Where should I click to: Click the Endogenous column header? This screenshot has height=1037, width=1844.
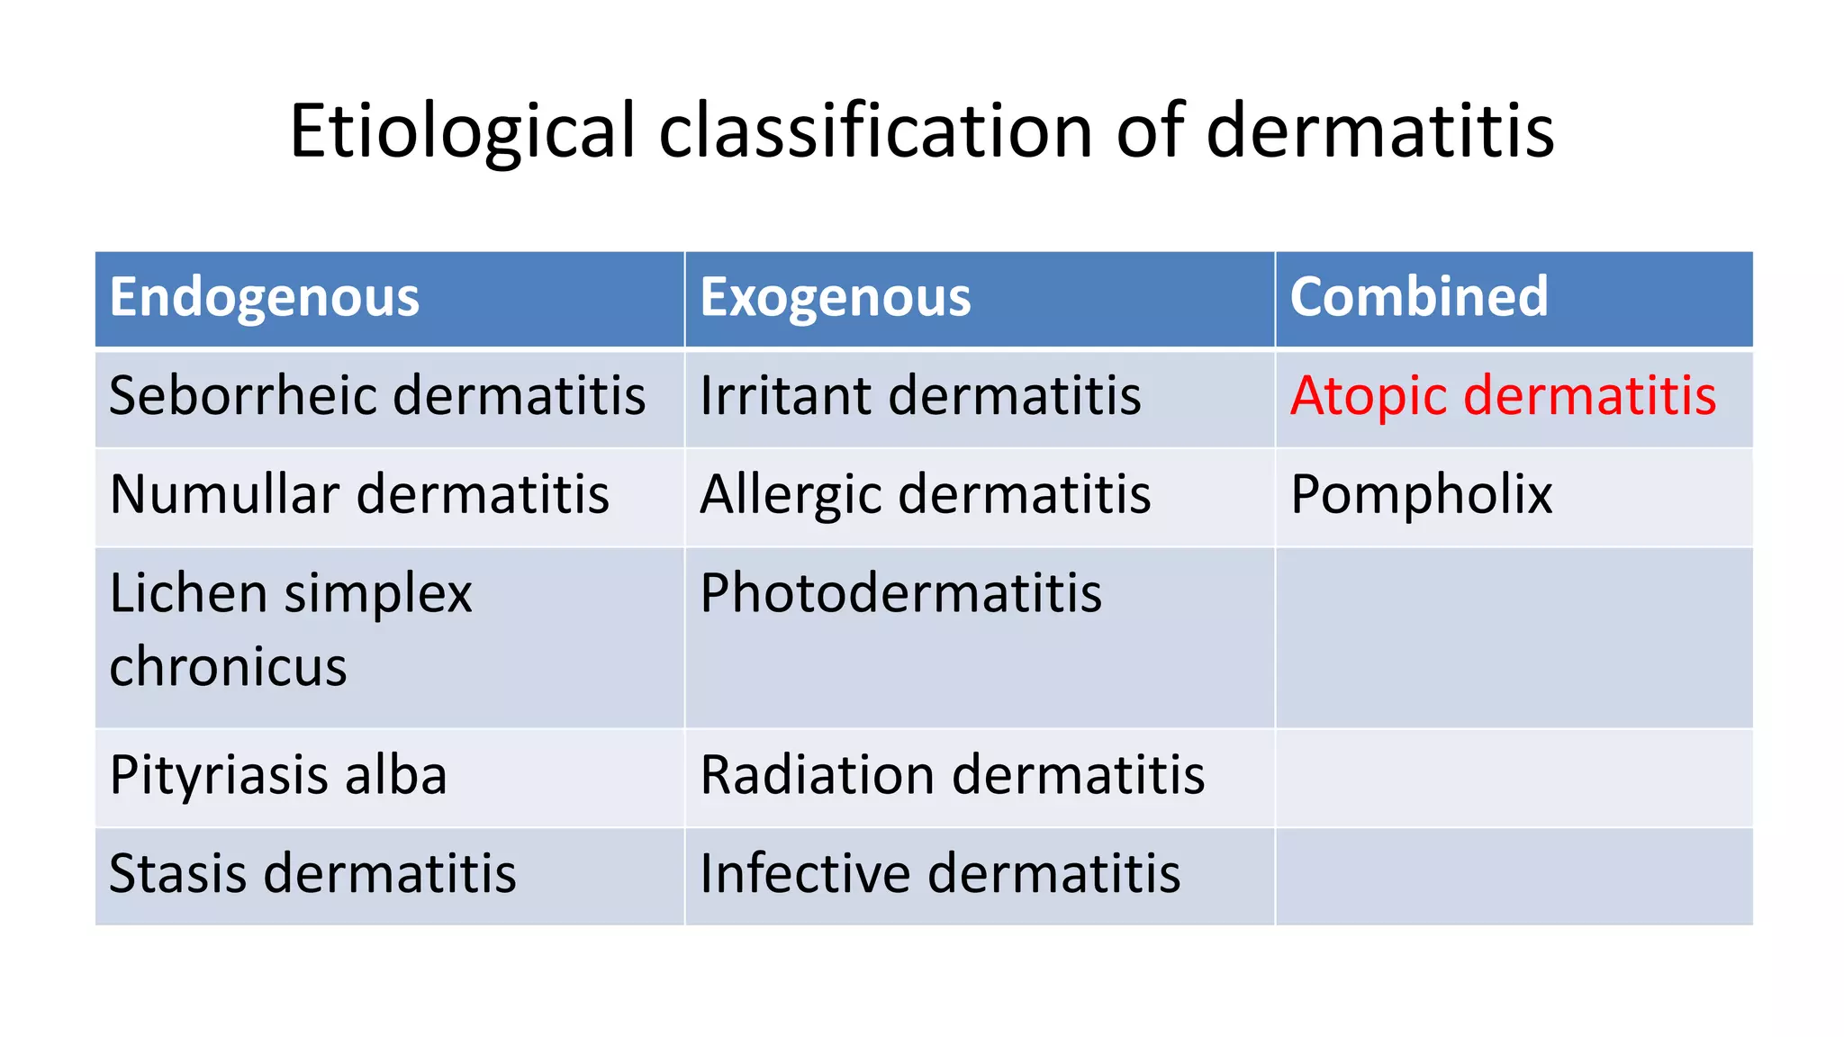(264, 298)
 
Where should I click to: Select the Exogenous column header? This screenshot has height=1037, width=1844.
(835, 298)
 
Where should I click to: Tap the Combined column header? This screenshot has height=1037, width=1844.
(1418, 298)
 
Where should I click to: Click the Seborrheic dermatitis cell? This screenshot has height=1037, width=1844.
(377, 396)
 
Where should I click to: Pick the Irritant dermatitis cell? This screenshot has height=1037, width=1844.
(920, 396)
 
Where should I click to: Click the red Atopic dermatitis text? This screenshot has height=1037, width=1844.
(1503, 396)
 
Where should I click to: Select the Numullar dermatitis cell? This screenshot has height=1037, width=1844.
(359, 495)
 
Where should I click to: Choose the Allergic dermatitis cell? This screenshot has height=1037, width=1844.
(925, 495)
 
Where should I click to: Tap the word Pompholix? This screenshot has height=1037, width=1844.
(1421, 495)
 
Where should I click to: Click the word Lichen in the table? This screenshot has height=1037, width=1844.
(188, 594)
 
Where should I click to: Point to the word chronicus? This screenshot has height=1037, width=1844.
(228, 667)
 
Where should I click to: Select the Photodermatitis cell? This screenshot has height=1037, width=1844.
(900, 594)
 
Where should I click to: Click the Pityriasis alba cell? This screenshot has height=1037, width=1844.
(278, 775)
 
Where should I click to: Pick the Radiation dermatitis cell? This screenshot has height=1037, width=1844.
(952, 775)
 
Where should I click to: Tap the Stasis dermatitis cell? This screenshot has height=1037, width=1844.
(312, 874)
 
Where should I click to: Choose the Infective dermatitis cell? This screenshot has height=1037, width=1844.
(940, 874)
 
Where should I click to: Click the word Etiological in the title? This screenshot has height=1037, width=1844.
(463, 132)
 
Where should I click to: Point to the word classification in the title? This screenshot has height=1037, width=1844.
(875, 132)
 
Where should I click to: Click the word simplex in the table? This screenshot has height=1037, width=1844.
(378, 596)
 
